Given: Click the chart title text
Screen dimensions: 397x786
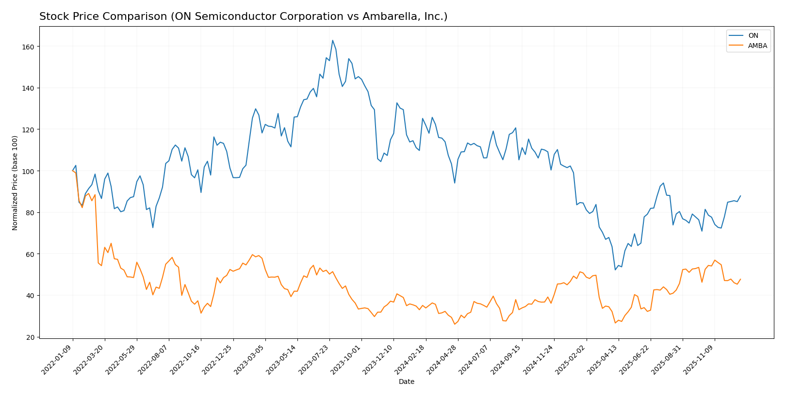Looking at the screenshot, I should point(243,16).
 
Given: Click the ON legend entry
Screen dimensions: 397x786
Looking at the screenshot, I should point(753,35).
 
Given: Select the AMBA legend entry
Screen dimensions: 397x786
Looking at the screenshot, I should point(757,46).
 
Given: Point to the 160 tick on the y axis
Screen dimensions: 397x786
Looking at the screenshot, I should point(30,47).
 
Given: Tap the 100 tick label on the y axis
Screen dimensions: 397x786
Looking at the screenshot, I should point(30,171).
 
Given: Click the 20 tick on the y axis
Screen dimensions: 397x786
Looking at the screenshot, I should point(32,337).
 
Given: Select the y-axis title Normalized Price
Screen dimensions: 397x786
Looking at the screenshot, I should point(15,183).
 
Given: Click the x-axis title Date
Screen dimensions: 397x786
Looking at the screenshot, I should point(406,382).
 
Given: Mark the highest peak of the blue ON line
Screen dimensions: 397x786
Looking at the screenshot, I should point(332,41).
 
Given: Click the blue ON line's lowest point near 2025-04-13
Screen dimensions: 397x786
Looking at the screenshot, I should point(615,270).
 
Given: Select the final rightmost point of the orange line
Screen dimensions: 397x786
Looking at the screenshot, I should point(740,279).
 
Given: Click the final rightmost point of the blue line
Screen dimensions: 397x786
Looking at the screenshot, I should point(740,196).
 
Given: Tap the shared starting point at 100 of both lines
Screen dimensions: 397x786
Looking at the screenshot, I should point(72,171).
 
